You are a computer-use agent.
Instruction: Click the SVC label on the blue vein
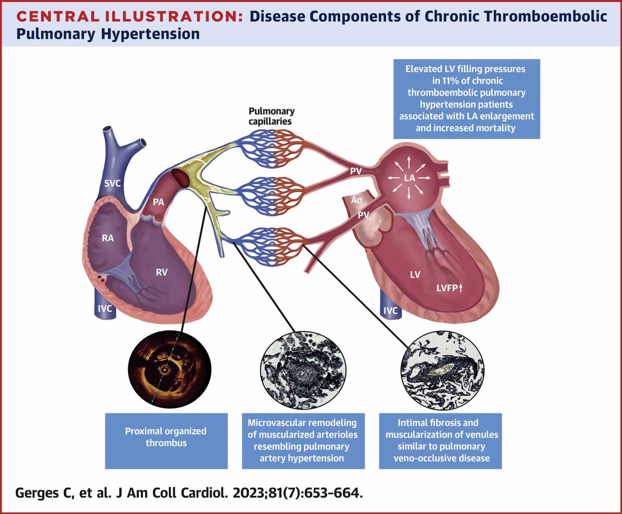point(112,183)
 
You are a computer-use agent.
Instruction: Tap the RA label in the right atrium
point(108,238)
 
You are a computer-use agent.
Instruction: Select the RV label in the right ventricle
point(162,272)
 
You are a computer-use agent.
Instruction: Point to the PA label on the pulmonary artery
point(159,202)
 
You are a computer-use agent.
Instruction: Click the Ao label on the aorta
point(356,200)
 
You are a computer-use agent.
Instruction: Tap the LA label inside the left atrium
point(409,178)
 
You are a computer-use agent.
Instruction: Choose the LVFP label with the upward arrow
point(449,288)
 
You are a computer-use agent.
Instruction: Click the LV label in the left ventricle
point(415,275)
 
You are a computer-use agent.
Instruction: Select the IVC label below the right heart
point(105,308)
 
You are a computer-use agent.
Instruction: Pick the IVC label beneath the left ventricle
point(390,311)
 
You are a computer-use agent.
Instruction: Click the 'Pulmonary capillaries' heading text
point(271,116)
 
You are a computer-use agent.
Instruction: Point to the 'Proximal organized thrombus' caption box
point(166,441)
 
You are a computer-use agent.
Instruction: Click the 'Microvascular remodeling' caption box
point(303,441)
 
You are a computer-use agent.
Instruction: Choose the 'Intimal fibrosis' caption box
point(441,441)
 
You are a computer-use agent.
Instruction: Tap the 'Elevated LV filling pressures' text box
point(466,98)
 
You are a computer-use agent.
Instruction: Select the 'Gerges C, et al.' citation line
point(188,493)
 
